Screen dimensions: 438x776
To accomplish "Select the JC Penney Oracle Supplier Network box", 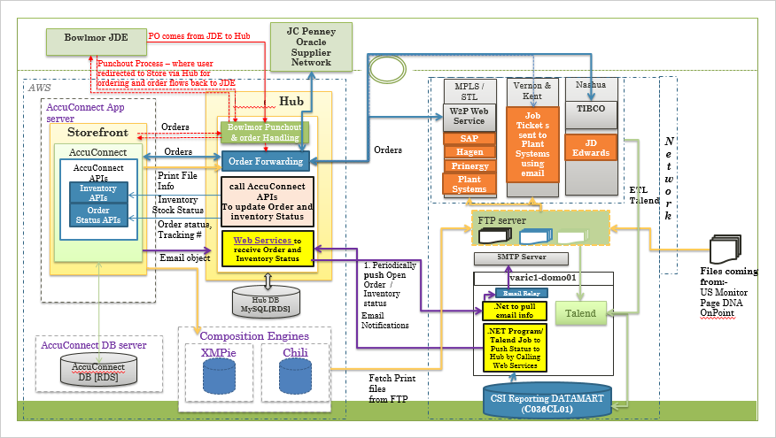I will coord(312,46).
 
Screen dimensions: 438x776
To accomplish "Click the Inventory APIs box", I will coord(97,193).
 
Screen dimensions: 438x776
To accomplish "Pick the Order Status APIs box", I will coord(97,215).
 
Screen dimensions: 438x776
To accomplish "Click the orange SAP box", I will coord(469,139).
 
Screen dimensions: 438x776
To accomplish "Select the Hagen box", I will coord(469,152).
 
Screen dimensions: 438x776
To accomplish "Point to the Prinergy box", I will coord(469,165).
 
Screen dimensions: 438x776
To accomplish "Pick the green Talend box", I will coord(580,313).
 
